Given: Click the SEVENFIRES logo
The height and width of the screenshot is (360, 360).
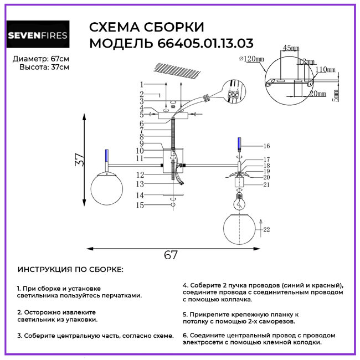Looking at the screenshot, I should (x=38, y=36).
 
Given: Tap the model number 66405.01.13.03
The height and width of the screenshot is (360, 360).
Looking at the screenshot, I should (x=202, y=43).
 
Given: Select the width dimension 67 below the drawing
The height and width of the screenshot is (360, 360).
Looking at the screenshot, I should (x=171, y=255).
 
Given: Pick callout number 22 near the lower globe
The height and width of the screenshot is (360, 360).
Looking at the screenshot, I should (x=267, y=229).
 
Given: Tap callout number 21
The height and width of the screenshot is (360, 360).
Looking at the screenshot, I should (x=266, y=184).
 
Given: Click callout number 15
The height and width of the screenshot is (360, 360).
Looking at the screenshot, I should (x=141, y=205).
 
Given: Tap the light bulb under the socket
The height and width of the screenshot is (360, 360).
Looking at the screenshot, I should (x=239, y=200).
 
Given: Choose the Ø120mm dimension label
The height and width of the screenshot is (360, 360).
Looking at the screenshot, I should (x=250, y=58).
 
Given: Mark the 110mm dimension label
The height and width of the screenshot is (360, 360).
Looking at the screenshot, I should (x=326, y=70).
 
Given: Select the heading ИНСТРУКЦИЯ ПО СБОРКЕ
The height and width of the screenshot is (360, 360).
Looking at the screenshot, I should (x=71, y=270).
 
